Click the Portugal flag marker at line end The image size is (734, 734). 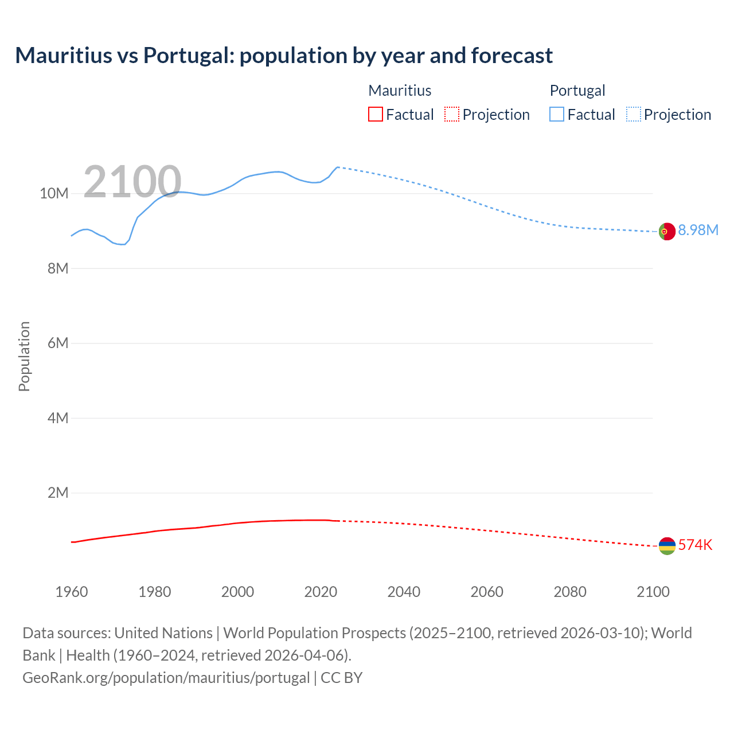(x=667, y=232)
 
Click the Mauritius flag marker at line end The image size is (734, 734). (x=667, y=546)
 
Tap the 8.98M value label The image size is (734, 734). (x=698, y=230)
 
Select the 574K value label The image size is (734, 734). (x=695, y=545)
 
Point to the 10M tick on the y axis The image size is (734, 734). (x=54, y=194)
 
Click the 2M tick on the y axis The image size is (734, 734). (x=57, y=493)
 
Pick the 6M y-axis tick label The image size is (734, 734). (x=57, y=343)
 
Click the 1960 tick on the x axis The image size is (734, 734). (x=72, y=592)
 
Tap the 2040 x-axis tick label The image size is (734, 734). (x=404, y=592)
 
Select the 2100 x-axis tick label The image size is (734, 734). (x=653, y=592)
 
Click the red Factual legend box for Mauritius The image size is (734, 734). (x=376, y=114)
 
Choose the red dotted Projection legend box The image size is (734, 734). (x=452, y=114)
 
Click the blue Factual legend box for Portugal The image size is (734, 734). (x=557, y=114)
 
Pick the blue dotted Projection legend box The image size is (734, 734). (x=634, y=114)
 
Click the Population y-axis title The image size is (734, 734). (x=24, y=356)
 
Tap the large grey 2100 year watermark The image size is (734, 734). (x=132, y=182)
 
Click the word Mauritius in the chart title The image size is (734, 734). (x=64, y=56)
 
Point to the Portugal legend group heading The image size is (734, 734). (x=577, y=91)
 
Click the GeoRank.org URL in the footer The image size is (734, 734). (x=166, y=678)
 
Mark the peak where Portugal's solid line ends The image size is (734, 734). (x=337, y=167)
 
